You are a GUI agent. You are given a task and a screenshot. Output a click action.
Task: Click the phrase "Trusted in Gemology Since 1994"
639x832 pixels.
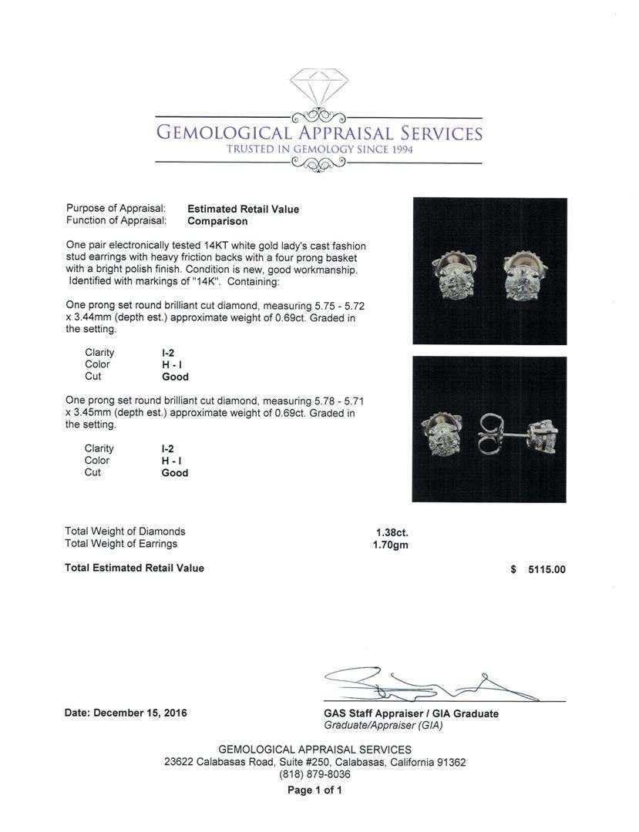[x=319, y=149]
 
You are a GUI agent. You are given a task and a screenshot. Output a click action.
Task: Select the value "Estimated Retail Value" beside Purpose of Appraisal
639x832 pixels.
[x=243, y=209]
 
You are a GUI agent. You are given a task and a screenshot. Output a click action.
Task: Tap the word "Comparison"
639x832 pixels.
[x=217, y=221]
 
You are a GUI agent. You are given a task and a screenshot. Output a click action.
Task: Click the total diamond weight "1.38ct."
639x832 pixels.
[x=392, y=532]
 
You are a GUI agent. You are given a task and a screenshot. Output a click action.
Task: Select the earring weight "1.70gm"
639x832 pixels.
[x=390, y=544]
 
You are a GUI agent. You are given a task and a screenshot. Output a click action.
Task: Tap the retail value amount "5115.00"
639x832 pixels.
[x=546, y=570]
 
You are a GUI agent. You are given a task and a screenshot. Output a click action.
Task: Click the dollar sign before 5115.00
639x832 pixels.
[x=513, y=570]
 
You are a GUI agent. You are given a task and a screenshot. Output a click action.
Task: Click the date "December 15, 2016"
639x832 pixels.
[x=140, y=713]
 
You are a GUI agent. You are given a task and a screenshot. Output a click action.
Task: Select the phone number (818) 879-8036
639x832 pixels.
[x=314, y=774]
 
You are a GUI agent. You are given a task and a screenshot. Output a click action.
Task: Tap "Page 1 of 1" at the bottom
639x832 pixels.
[x=314, y=790]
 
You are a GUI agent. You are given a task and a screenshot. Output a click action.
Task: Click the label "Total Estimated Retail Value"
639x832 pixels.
[x=135, y=569]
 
